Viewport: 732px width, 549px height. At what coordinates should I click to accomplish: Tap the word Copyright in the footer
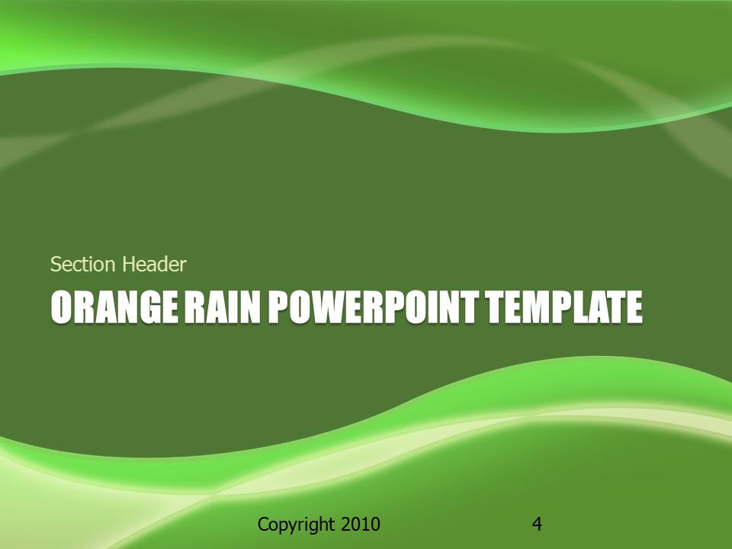click(x=296, y=525)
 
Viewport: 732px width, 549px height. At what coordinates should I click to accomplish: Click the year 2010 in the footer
click(x=360, y=524)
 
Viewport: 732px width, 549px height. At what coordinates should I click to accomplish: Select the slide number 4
click(x=537, y=524)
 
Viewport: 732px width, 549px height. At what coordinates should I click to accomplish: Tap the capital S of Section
click(x=56, y=265)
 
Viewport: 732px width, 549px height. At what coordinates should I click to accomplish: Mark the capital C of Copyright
click(x=264, y=524)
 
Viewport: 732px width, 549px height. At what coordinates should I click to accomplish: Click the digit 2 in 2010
click(x=345, y=524)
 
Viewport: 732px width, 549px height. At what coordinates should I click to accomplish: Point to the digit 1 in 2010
click(x=364, y=524)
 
